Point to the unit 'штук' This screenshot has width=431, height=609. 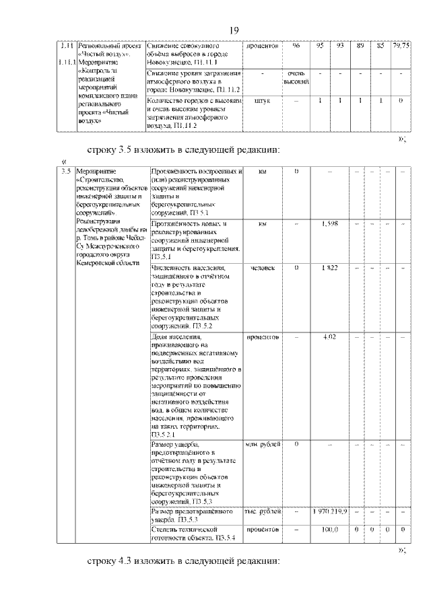(x=262, y=101)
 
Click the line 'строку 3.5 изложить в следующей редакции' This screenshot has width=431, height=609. (x=183, y=149)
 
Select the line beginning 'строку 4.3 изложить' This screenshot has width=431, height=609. (x=183, y=561)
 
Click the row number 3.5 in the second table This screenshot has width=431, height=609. (x=65, y=171)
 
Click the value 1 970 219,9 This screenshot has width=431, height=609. (x=329, y=513)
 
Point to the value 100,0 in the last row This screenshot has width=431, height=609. (x=329, y=530)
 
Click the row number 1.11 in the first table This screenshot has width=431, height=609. (x=65, y=45)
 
